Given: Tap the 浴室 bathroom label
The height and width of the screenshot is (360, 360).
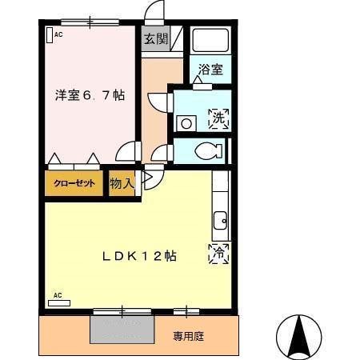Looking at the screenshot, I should click(211, 70).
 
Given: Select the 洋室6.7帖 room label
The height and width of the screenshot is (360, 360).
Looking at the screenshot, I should click(90, 94).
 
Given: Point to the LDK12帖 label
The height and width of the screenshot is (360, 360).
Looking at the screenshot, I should click(138, 256).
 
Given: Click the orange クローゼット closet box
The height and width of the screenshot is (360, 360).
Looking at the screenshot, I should click(74, 183).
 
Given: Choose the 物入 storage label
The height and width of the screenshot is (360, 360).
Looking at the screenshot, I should click(122, 183).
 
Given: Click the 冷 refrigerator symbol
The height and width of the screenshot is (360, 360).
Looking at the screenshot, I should click(218, 253).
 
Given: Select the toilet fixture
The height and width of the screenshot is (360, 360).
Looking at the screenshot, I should click(210, 150).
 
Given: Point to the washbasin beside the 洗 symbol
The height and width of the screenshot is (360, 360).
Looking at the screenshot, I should click(186, 123).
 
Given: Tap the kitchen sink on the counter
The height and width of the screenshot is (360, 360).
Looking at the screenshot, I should click(218, 218).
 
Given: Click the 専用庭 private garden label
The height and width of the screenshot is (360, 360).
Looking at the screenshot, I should click(189, 336).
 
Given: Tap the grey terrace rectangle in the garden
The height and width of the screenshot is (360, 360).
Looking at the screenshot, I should click(122, 328).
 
